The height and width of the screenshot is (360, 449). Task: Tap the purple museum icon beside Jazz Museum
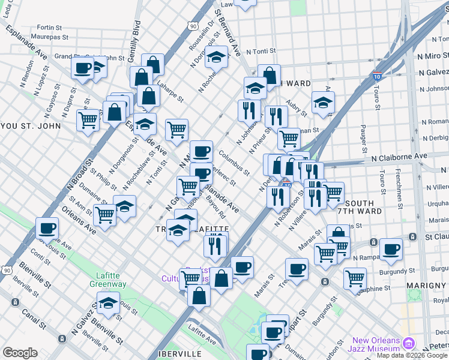409,343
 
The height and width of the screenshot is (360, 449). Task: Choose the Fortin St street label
50,28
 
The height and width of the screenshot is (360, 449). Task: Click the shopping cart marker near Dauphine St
355,277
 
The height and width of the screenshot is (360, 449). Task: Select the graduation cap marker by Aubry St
323,101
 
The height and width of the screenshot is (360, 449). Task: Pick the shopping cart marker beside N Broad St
88,119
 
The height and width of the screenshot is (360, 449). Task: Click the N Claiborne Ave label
399,156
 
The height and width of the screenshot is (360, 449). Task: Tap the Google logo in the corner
20,353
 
